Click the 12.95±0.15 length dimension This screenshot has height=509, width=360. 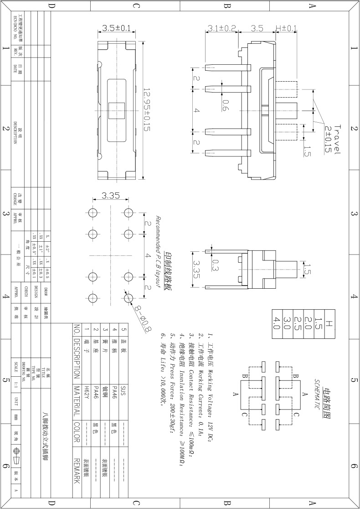(x=147, y=110)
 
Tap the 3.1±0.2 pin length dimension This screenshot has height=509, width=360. (x=221, y=28)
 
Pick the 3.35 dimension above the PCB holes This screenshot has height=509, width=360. (x=110, y=196)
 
